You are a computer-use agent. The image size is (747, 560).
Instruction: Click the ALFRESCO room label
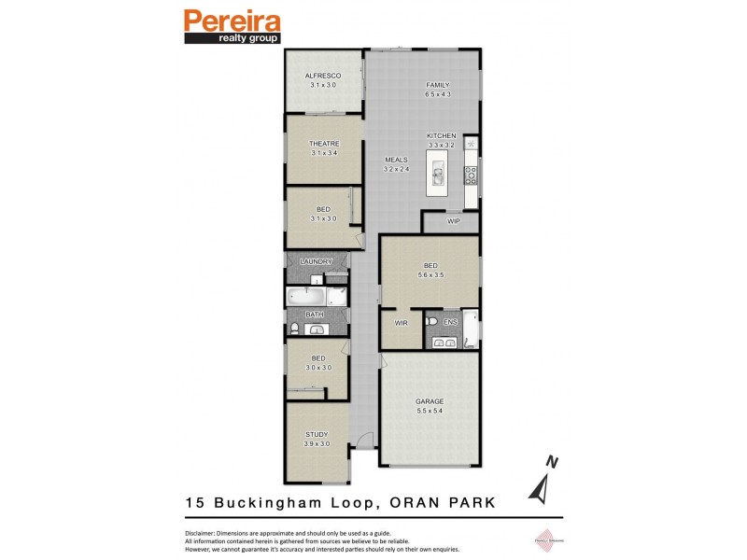(x=323, y=75)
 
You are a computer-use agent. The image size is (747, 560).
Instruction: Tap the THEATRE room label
(x=323, y=143)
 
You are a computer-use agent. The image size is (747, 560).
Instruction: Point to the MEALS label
(x=397, y=160)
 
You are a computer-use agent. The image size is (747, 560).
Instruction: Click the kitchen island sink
(x=437, y=174)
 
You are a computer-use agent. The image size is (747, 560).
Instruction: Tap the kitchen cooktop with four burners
(x=472, y=174)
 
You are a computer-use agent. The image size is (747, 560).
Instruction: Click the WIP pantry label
(x=454, y=221)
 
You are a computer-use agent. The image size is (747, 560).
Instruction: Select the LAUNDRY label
(x=317, y=262)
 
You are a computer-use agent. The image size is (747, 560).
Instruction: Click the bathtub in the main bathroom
(x=307, y=298)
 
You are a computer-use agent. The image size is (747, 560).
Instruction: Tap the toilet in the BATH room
(x=295, y=328)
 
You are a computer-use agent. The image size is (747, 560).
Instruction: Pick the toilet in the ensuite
(x=430, y=323)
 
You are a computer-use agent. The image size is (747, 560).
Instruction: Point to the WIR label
(x=402, y=324)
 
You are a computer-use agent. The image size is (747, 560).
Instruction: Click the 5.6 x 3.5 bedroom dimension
(x=430, y=275)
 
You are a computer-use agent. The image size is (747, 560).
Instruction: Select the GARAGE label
(x=430, y=401)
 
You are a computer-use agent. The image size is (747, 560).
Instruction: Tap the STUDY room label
(x=317, y=434)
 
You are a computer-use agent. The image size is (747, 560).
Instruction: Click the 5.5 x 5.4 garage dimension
(x=430, y=412)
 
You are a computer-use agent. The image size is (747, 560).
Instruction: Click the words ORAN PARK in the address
(x=441, y=502)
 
